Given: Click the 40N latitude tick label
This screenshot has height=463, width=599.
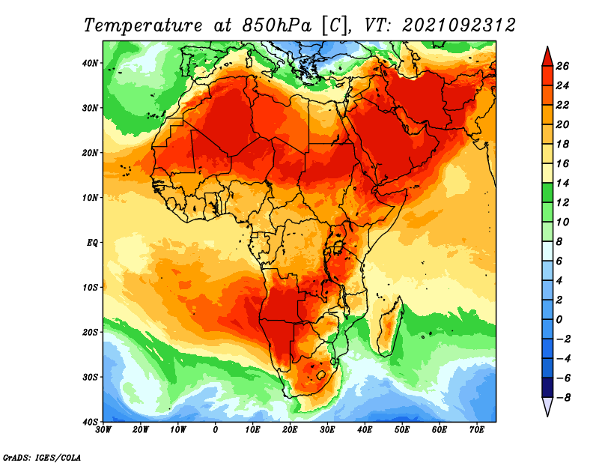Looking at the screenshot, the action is pos(90,63).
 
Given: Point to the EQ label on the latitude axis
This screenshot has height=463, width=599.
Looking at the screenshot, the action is pos(92,243).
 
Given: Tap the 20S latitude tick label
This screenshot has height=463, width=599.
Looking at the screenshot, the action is pos(90,332).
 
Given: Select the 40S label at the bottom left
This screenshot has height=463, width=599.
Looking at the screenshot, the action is pos(90,422).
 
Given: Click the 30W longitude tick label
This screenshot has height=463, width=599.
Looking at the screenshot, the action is pos(103,430).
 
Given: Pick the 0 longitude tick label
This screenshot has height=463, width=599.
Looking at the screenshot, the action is pos(216,430).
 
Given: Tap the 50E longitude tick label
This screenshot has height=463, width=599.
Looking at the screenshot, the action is pos(402,430).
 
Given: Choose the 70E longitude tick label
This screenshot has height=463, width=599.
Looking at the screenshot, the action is pos(477,430).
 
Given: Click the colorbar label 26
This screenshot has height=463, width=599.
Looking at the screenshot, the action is pos(562,66).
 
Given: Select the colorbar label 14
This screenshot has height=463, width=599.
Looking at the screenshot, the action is pos(562,183).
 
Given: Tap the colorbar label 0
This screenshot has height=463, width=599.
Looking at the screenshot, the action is pos(559,320).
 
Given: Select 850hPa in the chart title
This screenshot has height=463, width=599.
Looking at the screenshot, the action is pos(277,25).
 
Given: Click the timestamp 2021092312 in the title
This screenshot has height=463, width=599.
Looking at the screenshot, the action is pos(459,25).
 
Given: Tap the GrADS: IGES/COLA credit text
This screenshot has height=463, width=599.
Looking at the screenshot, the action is pos(42,458).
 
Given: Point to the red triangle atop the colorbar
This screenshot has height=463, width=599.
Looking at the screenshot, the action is pos(547,56).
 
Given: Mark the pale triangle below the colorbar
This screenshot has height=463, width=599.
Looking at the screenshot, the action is pos(547,407).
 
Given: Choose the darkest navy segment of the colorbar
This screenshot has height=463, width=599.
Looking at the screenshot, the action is pos(547,387).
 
